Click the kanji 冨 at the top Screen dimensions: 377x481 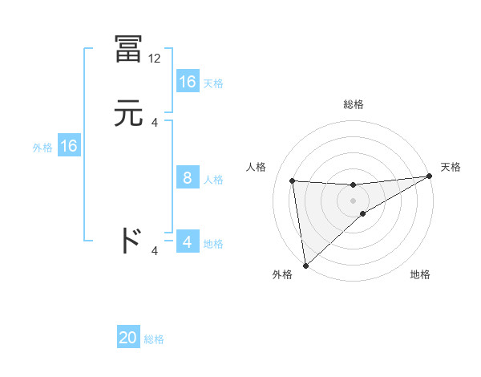click(128, 51)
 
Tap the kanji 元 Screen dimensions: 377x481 click(128, 113)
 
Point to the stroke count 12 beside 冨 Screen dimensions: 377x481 click(155, 59)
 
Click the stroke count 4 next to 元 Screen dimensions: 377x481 click(155, 122)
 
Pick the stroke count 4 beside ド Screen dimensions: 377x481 click(155, 251)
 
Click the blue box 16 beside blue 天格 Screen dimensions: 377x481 click(188, 82)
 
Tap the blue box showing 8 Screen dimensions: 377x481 click(188, 178)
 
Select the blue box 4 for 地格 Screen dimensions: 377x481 click(188, 242)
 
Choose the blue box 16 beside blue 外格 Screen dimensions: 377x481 click(69, 146)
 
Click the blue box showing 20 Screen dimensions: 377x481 click(128, 338)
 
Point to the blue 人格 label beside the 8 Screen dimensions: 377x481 click(213, 180)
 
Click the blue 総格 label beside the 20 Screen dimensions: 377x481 click(154, 339)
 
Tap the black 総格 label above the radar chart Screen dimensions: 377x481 click(354, 104)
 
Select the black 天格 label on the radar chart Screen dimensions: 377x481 click(451, 167)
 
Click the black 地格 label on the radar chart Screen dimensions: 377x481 click(420, 274)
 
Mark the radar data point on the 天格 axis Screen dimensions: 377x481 click(429, 176)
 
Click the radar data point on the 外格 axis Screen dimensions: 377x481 click(305, 265)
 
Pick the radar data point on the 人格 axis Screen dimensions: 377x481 click(293, 180)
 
